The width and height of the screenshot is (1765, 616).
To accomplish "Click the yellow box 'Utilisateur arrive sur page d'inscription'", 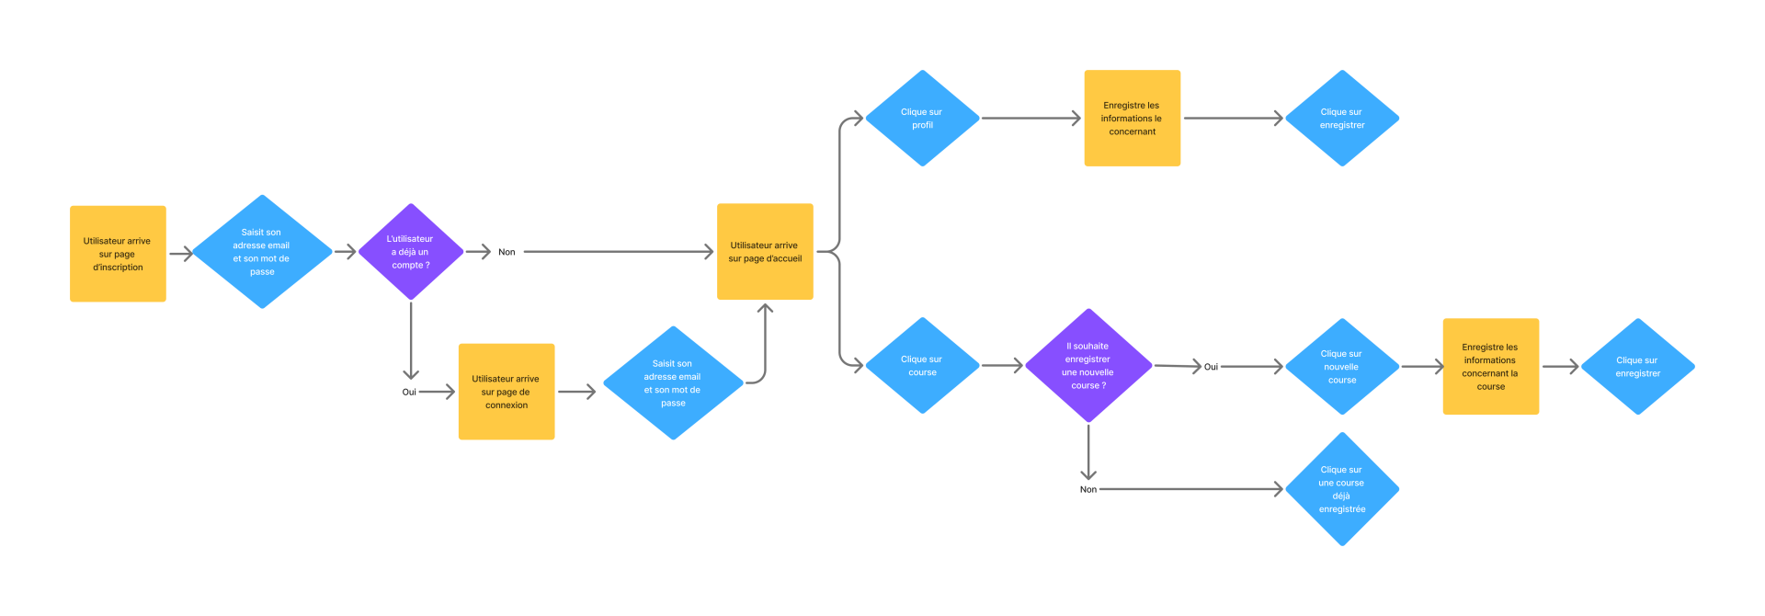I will coord(118,254).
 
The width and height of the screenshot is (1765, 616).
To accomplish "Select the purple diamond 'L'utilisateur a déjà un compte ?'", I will coord(410,252).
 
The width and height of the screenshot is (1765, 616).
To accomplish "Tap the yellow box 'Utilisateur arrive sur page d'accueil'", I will coord(765,252).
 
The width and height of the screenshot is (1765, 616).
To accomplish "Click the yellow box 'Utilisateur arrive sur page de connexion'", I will coord(506,392).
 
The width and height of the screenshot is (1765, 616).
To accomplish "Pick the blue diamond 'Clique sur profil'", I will coord(922,119).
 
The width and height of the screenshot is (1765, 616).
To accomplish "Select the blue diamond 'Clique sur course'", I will coord(922,366).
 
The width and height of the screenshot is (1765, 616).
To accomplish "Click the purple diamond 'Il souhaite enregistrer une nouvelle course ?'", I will coord(1087,366).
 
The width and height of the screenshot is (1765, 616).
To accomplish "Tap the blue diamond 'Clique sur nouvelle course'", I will coord(1341,367).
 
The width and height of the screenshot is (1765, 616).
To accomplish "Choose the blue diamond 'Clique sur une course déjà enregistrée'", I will coord(1341,489).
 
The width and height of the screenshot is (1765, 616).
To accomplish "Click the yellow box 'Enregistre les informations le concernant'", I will coord(1132,119).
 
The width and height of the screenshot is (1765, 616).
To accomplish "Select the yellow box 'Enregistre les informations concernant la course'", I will coord(1490,367).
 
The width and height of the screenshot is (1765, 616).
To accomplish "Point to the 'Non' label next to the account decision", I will coord(507,252).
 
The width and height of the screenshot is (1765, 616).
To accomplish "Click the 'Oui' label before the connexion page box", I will coord(409,392).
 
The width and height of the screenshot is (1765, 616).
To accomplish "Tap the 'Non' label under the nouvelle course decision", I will coord(1087,489).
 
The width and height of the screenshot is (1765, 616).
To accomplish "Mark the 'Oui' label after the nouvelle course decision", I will coord(1211,367).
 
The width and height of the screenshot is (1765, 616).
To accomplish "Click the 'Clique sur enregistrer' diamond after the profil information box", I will coord(1341,119).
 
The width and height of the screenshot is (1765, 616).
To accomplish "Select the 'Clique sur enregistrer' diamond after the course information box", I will coord(1637,367).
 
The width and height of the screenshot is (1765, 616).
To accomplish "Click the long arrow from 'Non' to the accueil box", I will coord(616,251).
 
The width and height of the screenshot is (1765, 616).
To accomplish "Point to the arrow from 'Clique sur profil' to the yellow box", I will coord(1030,119).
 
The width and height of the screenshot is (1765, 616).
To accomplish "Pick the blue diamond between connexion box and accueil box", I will coord(672,383).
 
